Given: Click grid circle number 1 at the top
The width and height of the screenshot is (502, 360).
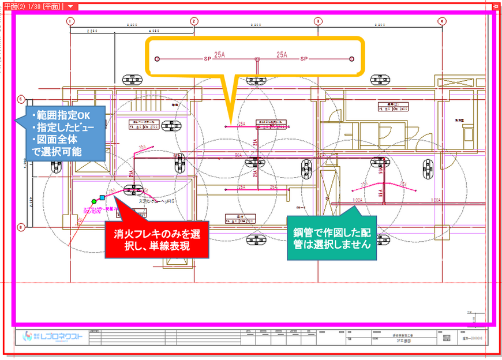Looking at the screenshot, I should (x=70, y=21).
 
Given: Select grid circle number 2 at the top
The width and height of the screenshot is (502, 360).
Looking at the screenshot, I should (x=194, y=21).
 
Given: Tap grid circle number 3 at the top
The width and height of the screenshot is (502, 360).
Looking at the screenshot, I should (x=317, y=21).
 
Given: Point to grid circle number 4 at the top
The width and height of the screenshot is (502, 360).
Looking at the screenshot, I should (x=441, y=21).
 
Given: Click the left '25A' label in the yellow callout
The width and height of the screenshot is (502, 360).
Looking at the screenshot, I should (x=220, y=55).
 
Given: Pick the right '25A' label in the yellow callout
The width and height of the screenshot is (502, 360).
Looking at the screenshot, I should (x=282, y=55).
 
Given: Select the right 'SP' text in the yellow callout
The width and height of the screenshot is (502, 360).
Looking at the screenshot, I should (x=304, y=59).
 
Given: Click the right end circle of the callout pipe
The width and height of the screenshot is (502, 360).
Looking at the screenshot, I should (x=352, y=59).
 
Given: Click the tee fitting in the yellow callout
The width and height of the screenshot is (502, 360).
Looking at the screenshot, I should (x=256, y=59).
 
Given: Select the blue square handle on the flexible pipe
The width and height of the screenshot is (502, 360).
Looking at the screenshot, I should (x=102, y=197).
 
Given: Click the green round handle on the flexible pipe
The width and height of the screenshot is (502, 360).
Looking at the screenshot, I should (x=93, y=201).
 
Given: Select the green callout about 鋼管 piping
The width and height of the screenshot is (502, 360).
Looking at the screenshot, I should (x=334, y=238).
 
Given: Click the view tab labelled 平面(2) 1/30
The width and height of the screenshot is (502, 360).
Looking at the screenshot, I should (x=32, y=5).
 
